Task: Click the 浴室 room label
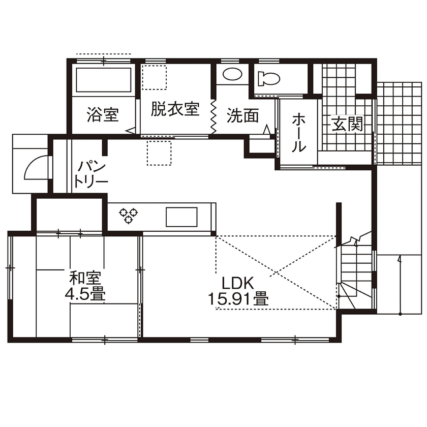(103, 115)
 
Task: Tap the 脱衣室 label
(174, 109)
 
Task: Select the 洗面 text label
(242, 115)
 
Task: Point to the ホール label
(299, 133)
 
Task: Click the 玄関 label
(347, 124)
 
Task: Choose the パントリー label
(91, 174)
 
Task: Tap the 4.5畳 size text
(85, 295)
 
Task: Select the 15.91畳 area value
(238, 299)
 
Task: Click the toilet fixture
(268, 79)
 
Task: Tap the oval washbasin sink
(232, 75)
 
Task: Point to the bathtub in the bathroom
(104, 80)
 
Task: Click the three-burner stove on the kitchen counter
(129, 216)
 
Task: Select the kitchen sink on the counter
(181, 217)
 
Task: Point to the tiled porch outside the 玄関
(400, 122)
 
